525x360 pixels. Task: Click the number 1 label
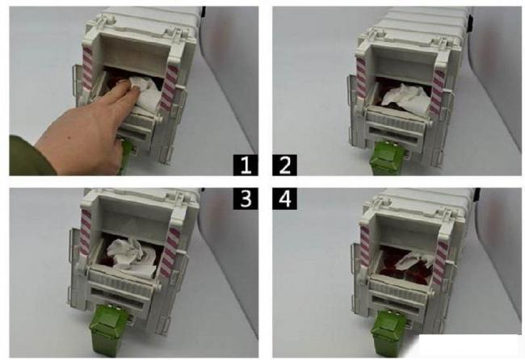[246, 165]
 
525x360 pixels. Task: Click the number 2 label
[284, 165]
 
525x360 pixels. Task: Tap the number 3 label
[246, 199]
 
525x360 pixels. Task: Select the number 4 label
[284, 199]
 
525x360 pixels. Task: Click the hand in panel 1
[87, 131]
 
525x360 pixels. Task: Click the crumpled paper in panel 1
[146, 93]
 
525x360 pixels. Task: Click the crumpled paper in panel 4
[415, 260]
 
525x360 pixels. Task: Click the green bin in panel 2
[388, 158]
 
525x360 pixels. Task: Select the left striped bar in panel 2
[361, 78]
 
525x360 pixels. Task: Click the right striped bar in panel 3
[170, 253]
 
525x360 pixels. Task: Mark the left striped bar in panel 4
[365, 245]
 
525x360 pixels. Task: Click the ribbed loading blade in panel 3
[121, 282]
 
